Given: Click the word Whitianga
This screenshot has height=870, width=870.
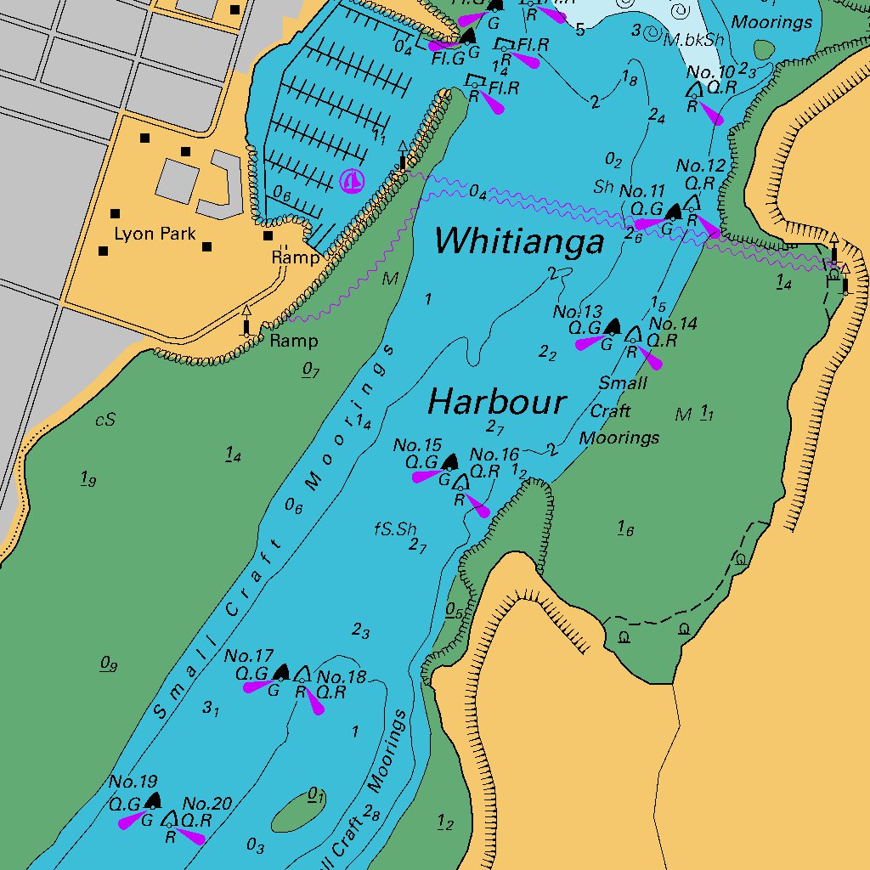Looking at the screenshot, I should tap(519, 242).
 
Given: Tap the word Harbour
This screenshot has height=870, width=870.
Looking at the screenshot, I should tap(496, 402).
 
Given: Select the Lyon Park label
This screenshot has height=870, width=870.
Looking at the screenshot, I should tap(155, 234).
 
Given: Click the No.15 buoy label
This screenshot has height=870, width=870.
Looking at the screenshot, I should tap(417, 445).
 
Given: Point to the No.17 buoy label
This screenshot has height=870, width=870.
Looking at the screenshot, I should tap(249, 656).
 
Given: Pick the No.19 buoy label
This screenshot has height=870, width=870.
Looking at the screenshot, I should tap(133, 782).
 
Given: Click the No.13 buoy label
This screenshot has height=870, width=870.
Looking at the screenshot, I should tap(577, 312).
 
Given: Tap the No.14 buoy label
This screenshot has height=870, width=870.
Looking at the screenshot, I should tap(673, 324).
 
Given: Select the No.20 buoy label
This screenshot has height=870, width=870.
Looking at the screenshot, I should tap(207, 804).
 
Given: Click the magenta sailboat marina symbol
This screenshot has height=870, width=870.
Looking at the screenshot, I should tap(351, 180).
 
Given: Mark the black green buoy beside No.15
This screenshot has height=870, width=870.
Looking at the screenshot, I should tap(449, 462).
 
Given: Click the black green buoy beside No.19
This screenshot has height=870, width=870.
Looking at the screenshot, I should tap(152, 800).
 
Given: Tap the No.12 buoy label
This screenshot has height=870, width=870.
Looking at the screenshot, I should tap(701, 166).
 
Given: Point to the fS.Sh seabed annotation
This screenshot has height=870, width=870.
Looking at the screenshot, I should tap(396, 528).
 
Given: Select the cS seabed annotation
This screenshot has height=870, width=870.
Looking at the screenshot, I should tap(105, 420).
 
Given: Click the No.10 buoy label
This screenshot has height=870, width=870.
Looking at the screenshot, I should tap(710, 72).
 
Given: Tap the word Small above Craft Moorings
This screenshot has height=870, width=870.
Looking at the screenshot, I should tap(623, 383).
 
